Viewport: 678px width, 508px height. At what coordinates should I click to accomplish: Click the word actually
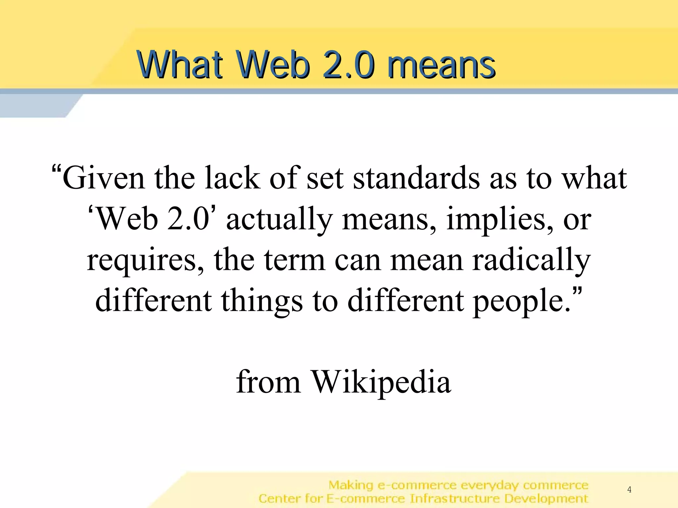279,220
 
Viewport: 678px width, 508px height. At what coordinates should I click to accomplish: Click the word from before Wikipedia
268,382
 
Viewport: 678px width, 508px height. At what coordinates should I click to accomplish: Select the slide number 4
629,489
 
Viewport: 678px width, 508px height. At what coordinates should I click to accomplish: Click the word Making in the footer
351,485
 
